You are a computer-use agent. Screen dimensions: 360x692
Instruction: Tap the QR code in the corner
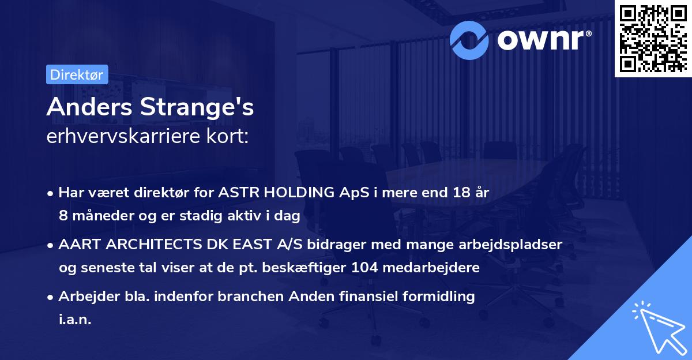(653, 38)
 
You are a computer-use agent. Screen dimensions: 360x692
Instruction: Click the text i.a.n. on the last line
(75, 320)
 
